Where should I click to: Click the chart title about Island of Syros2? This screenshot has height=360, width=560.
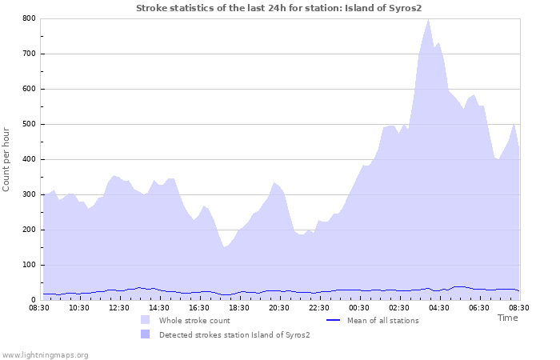278,8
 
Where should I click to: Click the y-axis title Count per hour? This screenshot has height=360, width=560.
7,158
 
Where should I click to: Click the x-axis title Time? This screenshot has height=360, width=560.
507,318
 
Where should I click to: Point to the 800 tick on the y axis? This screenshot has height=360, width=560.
29,18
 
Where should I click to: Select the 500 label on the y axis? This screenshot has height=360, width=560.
29,124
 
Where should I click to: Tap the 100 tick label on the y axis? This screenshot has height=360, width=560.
29,265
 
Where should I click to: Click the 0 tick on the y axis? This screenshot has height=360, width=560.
33,300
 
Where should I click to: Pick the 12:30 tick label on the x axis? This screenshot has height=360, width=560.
119,308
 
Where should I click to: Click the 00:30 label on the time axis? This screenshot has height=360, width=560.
359,308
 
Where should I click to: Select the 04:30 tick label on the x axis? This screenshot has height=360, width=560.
439,308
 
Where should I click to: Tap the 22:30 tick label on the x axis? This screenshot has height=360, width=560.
319,308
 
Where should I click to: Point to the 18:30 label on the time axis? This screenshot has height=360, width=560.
239,308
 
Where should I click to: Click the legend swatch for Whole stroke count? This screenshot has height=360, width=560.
145,320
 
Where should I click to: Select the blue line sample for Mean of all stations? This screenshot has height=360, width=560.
334,320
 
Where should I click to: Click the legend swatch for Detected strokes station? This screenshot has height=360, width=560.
145,334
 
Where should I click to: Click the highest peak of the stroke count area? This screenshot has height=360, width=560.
429,19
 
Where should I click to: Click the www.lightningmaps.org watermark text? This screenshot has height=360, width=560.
45,354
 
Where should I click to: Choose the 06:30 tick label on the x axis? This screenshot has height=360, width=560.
479,308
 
